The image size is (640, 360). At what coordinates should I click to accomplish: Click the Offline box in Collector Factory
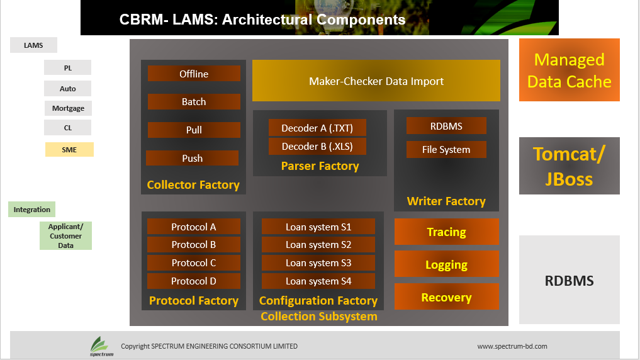coord(194,74)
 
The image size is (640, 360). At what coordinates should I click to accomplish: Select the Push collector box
coord(192,158)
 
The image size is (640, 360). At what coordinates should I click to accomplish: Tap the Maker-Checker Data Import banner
coord(376,81)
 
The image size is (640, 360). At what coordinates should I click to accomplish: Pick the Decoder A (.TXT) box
coord(317,128)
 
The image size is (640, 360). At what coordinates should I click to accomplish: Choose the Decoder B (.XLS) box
coord(317,146)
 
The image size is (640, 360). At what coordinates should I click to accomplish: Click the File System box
coord(446,149)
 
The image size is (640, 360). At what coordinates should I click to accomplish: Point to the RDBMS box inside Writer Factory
coord(446,126)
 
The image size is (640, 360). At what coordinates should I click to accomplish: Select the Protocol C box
coord(193,263)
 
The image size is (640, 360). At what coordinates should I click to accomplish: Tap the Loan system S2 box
coord(318,244)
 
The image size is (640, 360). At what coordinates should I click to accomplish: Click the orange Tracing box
coord(447,232)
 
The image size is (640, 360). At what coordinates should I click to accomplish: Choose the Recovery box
coord(447,296)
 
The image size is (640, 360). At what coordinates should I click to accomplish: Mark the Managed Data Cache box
coord(570,70)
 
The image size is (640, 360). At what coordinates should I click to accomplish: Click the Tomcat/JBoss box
coord(570,166)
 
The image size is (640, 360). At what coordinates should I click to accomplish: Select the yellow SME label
coord(69,149)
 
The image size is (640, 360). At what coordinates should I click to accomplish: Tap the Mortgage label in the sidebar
coord(68,108)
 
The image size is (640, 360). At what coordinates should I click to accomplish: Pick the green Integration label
coord(32,210)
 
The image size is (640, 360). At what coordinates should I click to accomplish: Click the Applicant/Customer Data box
coord(65,235)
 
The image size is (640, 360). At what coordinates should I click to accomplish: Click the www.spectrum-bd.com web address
coord(512,346)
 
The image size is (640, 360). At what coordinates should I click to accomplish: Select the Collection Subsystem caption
coord(319,317)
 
